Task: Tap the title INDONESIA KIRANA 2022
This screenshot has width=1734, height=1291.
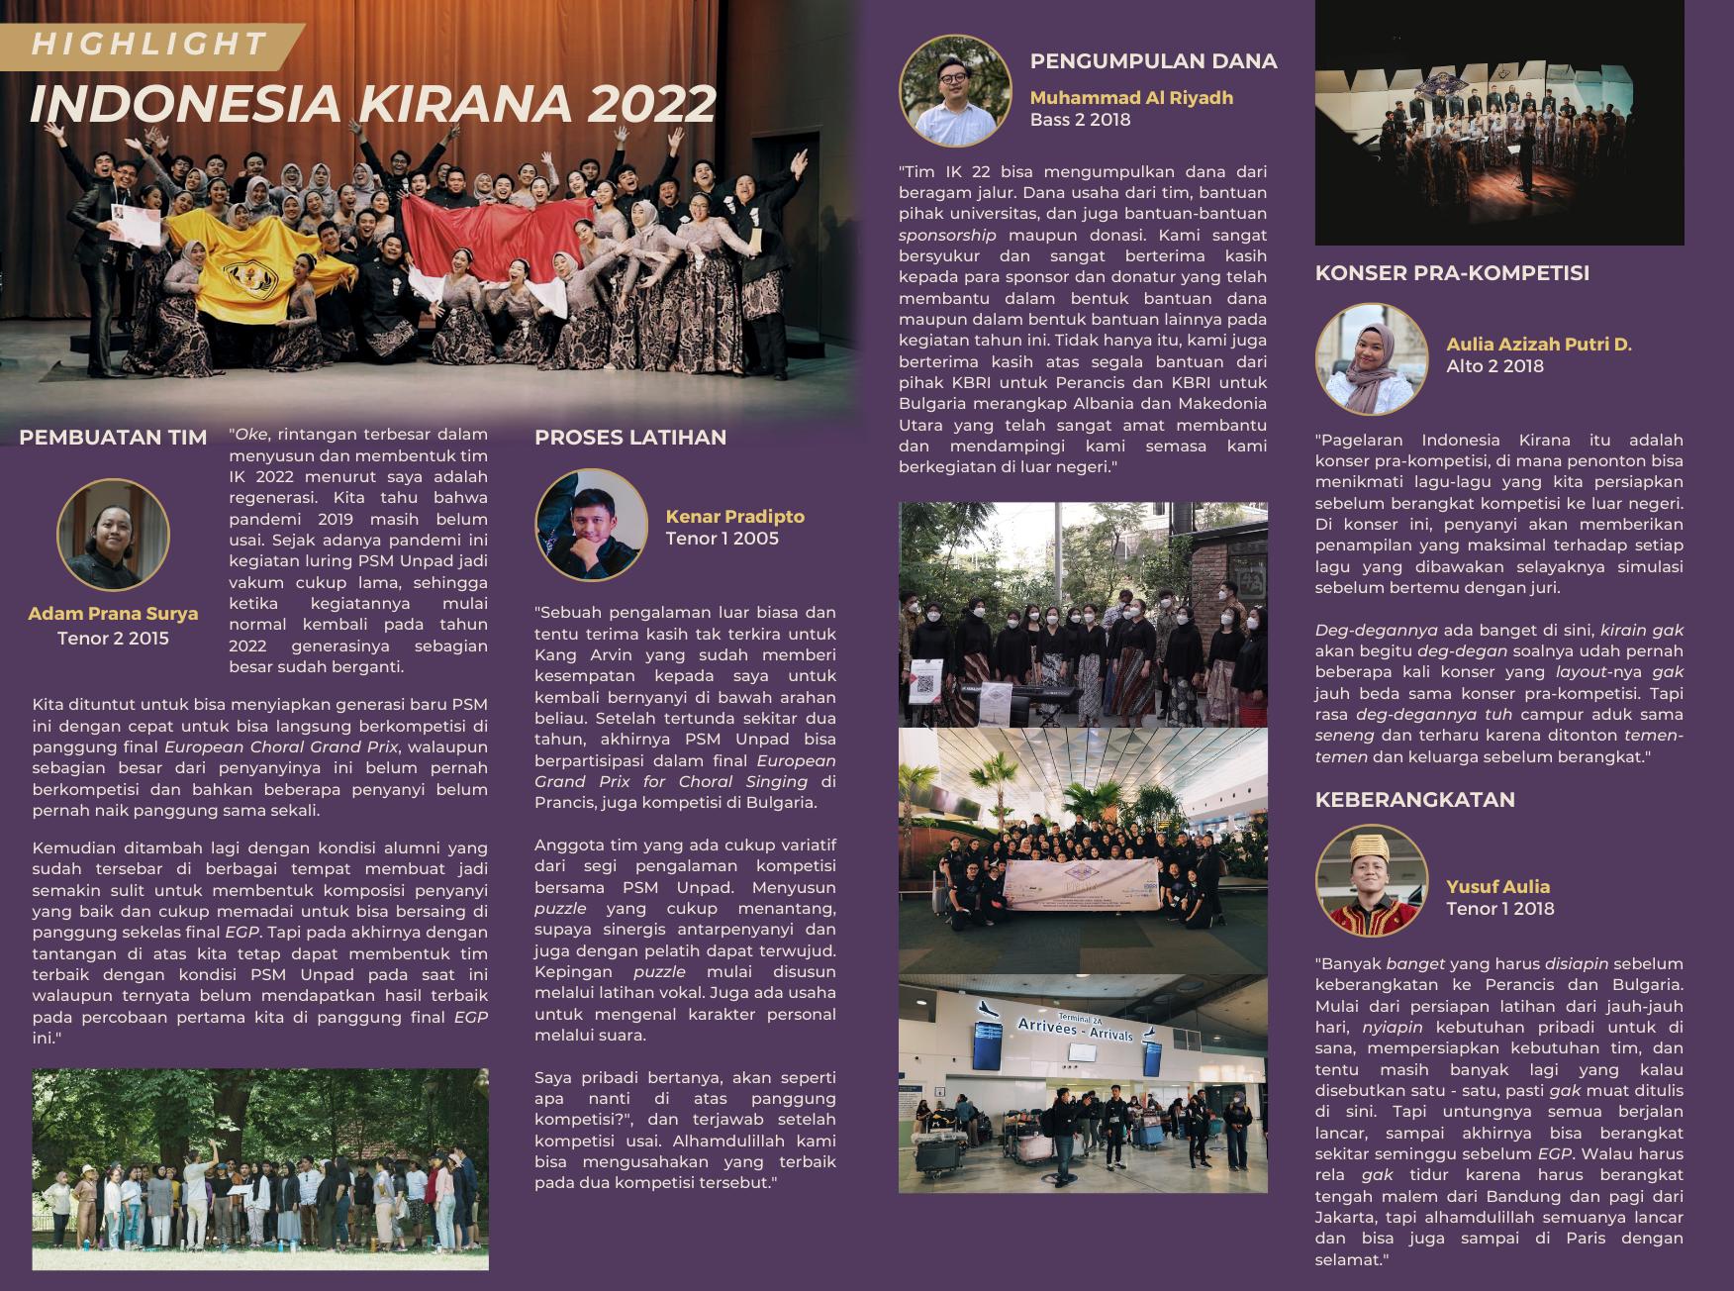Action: pyautogui.click(x=372, y=104)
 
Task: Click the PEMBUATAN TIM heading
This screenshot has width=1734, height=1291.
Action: pyautogui.click(x=113, y=438)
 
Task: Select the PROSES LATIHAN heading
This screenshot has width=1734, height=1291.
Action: pyautogui.click(x=630, y=438)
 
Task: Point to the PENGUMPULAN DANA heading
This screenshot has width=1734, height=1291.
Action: pyautogui.click(x=1153, y=61)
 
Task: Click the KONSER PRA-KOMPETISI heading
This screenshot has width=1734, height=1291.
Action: pyautogui.click(x=1452, y=273)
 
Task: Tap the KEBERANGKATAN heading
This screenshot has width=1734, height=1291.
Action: pyautogui.click(x=1414, y=800)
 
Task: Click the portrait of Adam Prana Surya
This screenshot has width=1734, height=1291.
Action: pyautogui.click(x=113, y=535)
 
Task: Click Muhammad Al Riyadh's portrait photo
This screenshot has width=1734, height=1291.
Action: pyautogui.click(x=955, y=91)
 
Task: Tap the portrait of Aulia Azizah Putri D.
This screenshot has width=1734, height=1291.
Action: pyautogui.click(x=1371, y=358)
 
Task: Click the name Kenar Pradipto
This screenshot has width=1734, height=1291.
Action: pyautogui.click(x=734, y=517)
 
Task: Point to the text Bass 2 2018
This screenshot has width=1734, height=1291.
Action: pyautogui.click(x=1080, y=120)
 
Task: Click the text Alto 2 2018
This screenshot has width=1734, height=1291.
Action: pyautogui.click(x=1494, y=366)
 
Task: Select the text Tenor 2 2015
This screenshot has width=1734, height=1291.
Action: pyautogui.click(x=113, y=639)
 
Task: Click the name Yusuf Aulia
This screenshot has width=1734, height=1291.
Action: pyautogui.click(x=1497, y=887)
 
